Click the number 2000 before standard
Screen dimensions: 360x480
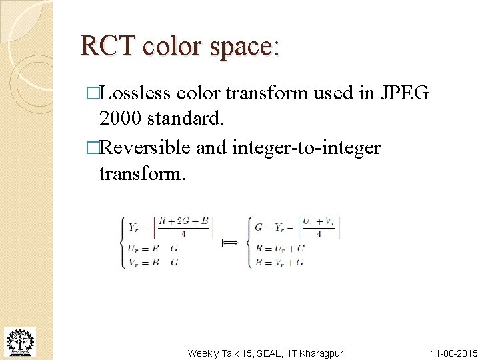pos(120,120)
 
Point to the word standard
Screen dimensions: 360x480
pos(185,120)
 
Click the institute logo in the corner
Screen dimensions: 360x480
pos(19,342)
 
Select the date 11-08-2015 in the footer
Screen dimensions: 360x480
pos(453,353)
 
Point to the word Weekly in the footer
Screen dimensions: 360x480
pos(203,353)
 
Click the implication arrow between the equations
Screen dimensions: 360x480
pos(229,244)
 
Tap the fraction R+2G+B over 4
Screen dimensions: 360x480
pos(183,227)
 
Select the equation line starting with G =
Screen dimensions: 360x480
pos(297,227)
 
